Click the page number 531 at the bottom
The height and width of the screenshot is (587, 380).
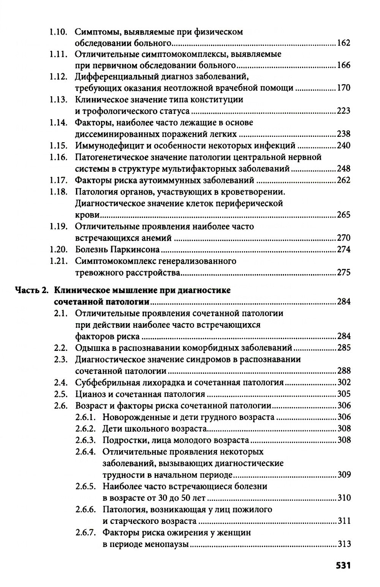(x=342, y=565)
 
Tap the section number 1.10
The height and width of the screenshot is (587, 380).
(x=58, y=32)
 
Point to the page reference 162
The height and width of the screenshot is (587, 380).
(x=344, y=43)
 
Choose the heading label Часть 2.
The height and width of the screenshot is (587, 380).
(x=32, y=290)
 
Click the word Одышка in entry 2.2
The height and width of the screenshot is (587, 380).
(x=89, y=348)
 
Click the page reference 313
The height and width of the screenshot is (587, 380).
(x=344, y=544)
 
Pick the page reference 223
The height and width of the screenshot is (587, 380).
(x=344, y=111)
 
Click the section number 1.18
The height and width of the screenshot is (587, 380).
(x=58, y=192)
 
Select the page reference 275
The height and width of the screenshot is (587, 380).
(x=344, y=273)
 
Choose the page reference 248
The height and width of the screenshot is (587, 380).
(x=344, y=169)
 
